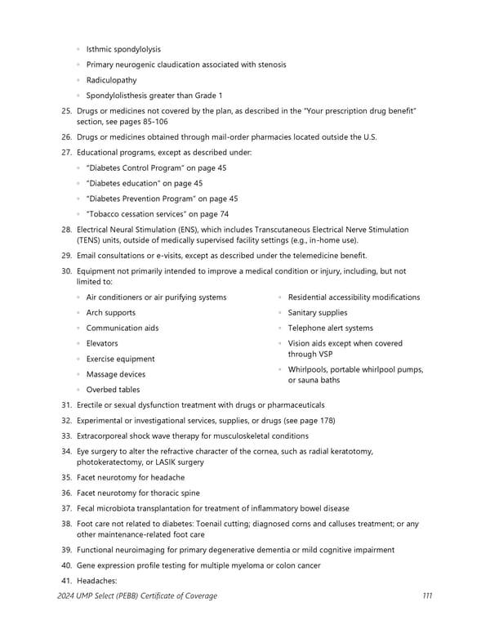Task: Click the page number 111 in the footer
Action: coord(427,596)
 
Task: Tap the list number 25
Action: coord(66,110)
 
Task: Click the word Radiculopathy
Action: coord(111,80)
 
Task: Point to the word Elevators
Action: coord(102,343)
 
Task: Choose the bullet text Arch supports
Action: coord(111,313)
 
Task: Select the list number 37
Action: coord(66,508)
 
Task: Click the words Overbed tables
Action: coord(113,390)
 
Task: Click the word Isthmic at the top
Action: coord(100,49)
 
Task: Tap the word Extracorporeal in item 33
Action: coord(105,435)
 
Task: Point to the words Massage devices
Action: coord(115,374)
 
